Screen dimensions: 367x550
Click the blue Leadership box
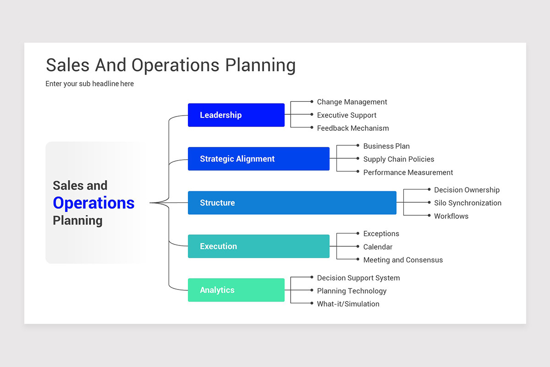tap(236, 115)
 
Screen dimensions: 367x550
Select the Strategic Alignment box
tap(258, 159)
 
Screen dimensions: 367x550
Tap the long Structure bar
tap(292, 203)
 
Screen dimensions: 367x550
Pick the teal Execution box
tap(258, 246)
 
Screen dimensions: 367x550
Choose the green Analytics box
tap(236, 290)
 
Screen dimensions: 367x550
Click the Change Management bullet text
tap(352, 102)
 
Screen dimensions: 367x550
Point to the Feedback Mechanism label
tap(353, 128)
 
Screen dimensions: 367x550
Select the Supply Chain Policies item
tap(399, 159)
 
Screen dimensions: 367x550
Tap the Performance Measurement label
tap(408, 172)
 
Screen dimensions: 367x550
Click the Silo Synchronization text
tap(467, 203)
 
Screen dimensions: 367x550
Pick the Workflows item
tap(451, 216)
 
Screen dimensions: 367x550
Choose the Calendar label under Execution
tap(378, 247)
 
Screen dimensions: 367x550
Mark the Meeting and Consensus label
tap(403, 260)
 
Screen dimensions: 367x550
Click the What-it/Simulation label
tap(348, 304)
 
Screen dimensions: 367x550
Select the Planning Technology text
tap(352, 291)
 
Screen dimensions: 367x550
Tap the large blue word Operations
tap(93, 203)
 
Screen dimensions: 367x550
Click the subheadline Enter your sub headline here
tap(89, 84)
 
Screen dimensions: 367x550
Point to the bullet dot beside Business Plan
tap(358, 145)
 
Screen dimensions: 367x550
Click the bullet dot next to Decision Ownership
tap(429, 189)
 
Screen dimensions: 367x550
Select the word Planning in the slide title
tap(260, 65)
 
